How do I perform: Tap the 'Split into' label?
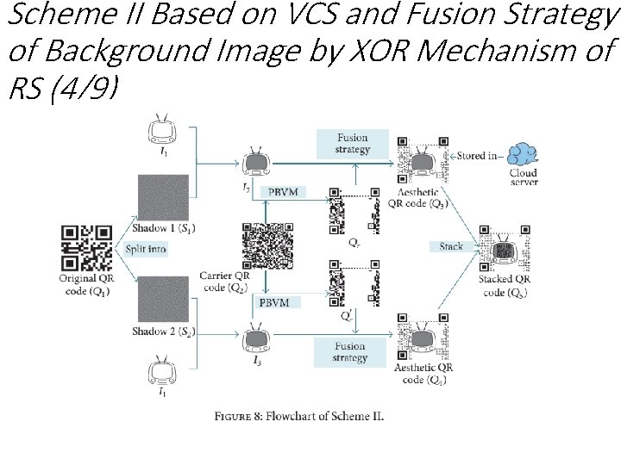tap(146, 249)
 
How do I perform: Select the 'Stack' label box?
tap(451, 246)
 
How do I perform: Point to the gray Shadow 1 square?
tap(163, 197)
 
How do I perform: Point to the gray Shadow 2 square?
tap(163, 299)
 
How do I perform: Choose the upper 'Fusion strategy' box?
tap(352, 143)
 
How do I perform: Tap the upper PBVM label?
tap(283, 191)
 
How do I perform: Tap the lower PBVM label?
tap(280, 302)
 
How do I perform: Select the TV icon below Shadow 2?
tap(162, 371)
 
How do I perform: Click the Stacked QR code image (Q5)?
tap(505, 250)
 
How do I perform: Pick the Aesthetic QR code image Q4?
tap(423, 338)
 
